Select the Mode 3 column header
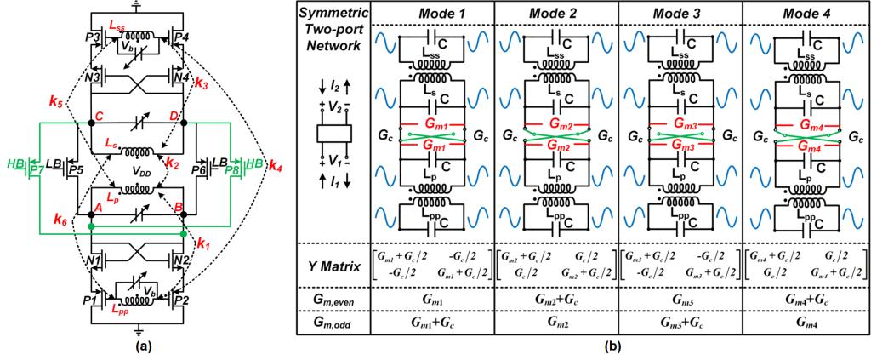pyautogui.click(x=681, y=13)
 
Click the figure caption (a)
pyautogui.click(x=139, y=348)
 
